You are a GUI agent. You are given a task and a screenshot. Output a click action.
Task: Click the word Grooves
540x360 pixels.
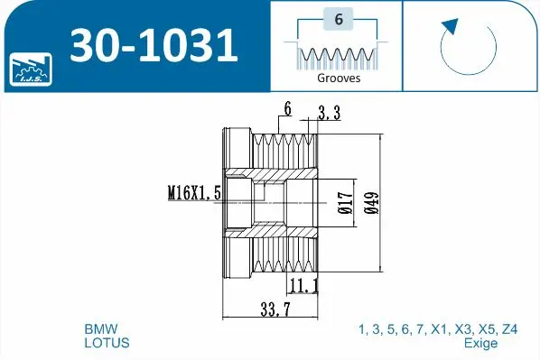tap(339, 78)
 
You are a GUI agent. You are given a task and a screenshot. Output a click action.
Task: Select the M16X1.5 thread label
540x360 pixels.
tap(194, 191)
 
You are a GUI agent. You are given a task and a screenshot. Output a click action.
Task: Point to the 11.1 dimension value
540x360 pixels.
tap(305, 286)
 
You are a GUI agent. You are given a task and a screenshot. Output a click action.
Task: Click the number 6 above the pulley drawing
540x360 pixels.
tap(287, 109)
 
